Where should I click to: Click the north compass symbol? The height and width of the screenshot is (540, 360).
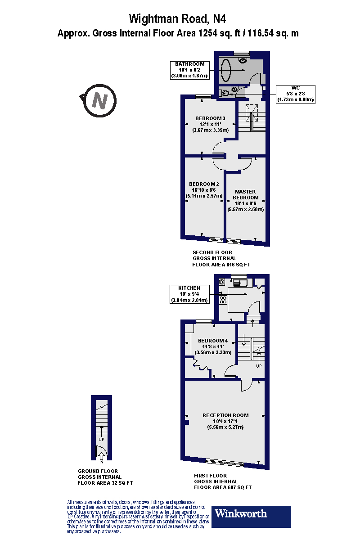(x=99, y=100)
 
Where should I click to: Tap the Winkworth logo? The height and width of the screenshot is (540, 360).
(x=252, y=516)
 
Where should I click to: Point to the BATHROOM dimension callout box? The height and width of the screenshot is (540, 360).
(x=189, y=70)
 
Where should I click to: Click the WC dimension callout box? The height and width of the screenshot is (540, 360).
(x=295, y=94)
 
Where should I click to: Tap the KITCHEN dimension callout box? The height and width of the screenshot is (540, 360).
(x=189, y=294)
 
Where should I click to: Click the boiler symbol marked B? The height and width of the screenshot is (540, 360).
(x=222, y=282)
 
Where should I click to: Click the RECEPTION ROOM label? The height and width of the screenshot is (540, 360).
(x=225, y=415)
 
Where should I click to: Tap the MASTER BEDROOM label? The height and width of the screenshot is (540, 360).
(x=246, y=194)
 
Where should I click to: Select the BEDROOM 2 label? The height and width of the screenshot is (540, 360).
(x=204, y=184)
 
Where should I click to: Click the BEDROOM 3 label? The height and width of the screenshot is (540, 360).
(x=210, y=118)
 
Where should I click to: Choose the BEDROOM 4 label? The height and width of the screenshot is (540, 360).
(x=213, y=341)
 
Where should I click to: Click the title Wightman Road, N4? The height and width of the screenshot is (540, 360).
(x=177, y=18)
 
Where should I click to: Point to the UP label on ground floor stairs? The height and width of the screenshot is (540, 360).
(x=102, y=438)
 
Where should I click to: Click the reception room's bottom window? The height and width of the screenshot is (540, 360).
(x=224, y=462)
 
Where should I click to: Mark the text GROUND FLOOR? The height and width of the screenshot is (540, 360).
(x=98, y=471)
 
